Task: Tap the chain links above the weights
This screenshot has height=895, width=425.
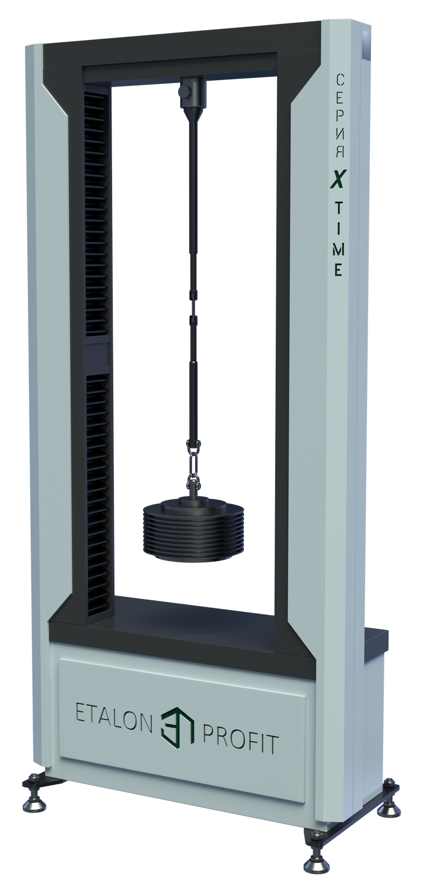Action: point(194,465)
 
